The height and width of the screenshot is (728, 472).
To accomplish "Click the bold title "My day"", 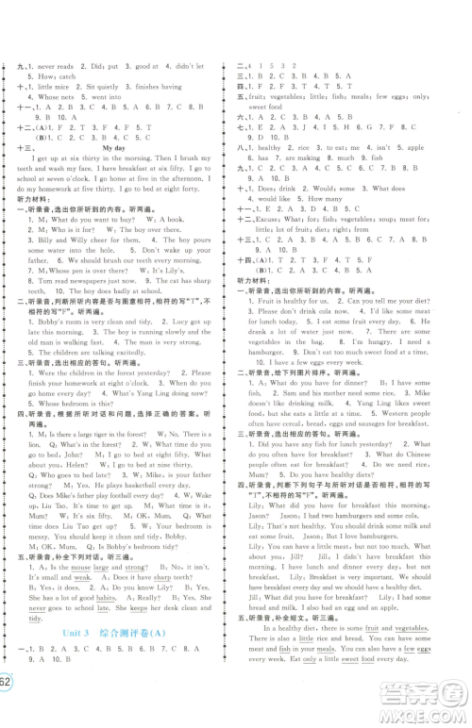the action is tap(112, 148).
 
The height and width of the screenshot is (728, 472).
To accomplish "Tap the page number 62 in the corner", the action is tap(7, 707).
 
